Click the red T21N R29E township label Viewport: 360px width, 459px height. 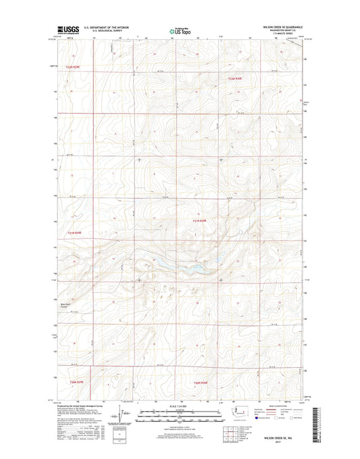[78, 233]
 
